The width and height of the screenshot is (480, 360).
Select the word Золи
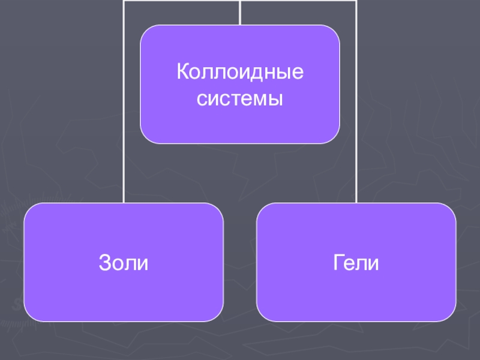click(123, 263)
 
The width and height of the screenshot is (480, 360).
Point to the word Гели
click(356, 263)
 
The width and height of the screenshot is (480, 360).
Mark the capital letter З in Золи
click(104, 263)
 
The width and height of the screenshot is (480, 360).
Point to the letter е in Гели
click(350, 264)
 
